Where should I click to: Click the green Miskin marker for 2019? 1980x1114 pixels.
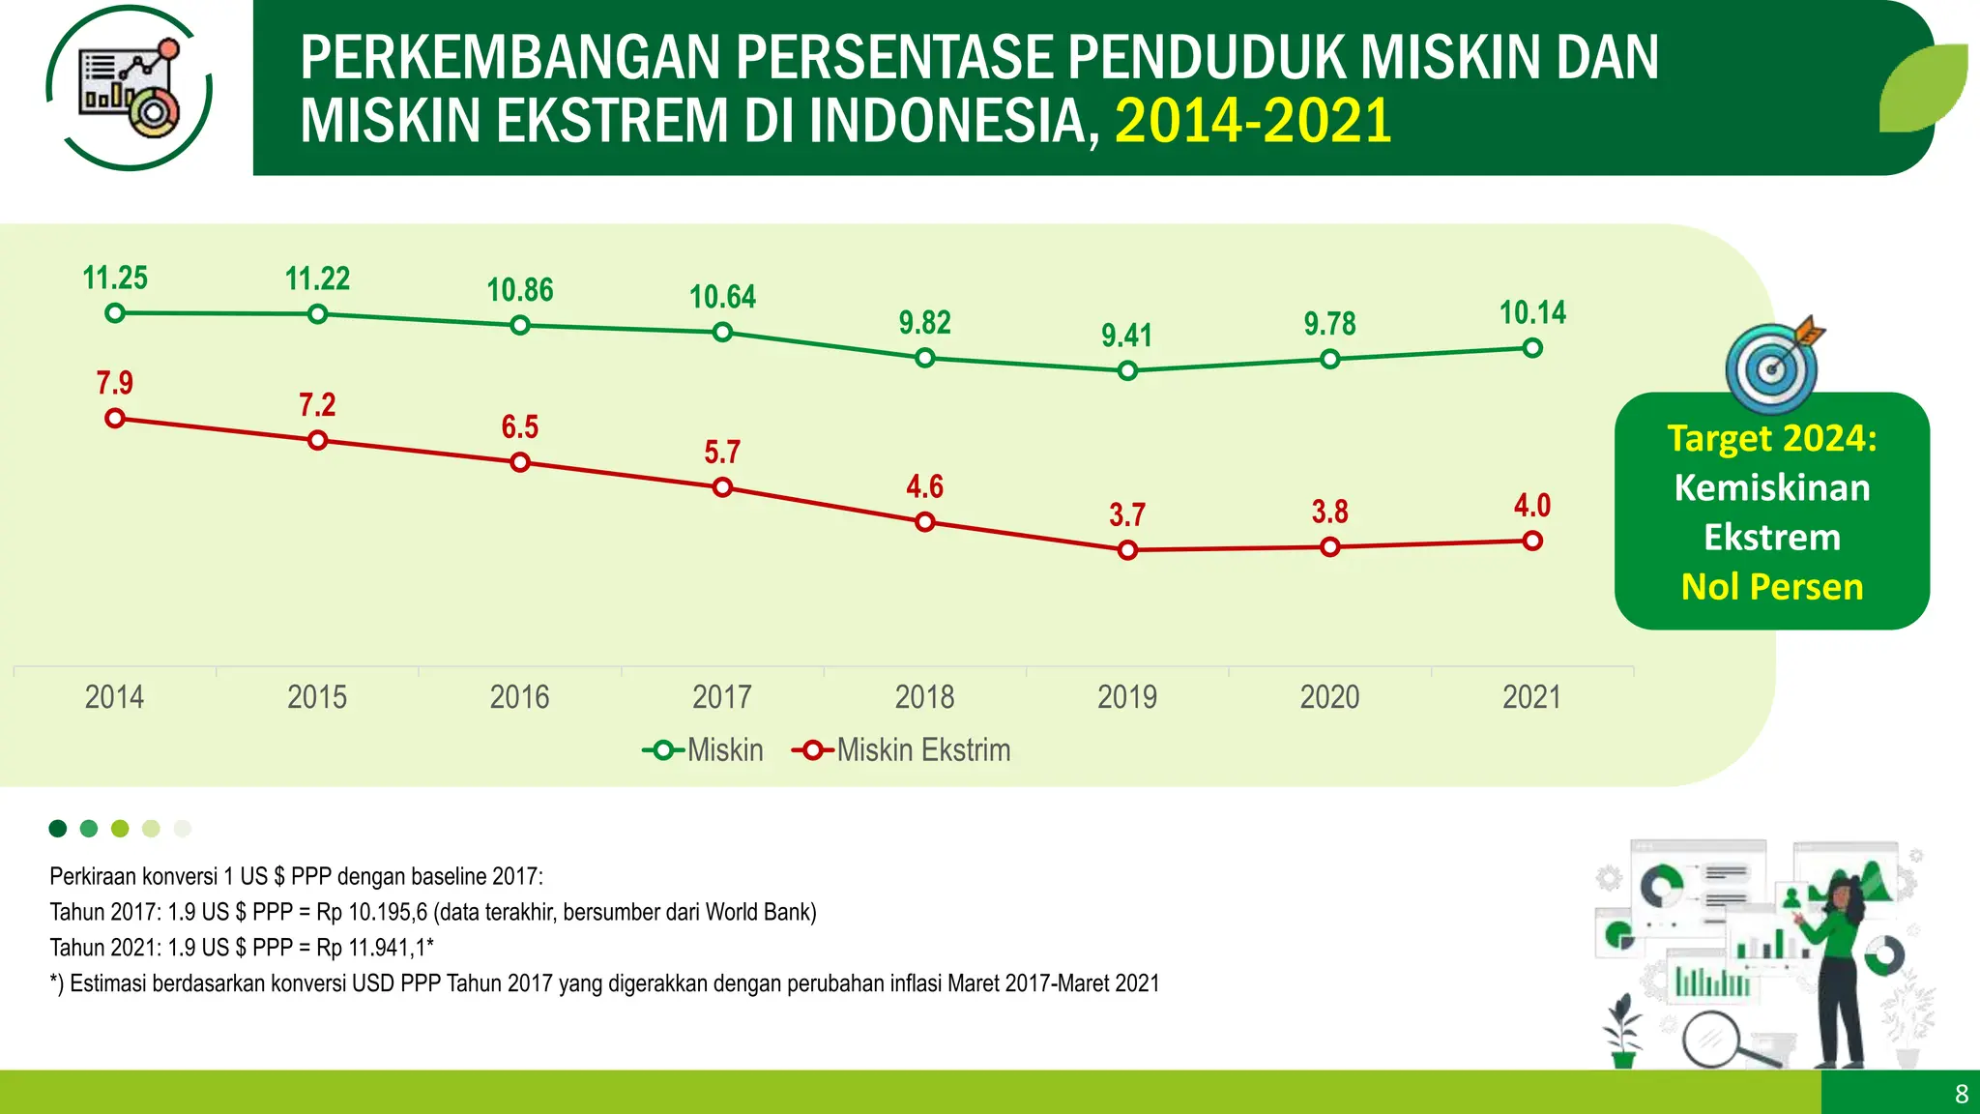coord(1127,370)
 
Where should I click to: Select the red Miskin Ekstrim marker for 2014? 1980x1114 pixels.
coord(115,419)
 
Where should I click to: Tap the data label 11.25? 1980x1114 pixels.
coord(115,278)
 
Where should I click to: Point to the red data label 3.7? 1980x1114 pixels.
coord(1127,515)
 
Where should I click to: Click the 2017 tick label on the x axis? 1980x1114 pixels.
coord(722,697)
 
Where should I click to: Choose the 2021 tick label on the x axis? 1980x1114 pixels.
coord(1531,697)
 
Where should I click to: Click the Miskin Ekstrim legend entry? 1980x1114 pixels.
coord(902,750)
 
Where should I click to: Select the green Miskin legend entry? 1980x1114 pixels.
coord(703,750)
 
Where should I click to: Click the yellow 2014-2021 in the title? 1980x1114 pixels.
coord(1253,121)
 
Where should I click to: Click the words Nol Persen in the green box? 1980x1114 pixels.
coord(1772,587)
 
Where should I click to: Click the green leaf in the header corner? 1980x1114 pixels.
coord(1923,88)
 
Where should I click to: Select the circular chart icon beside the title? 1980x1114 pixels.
coord(130,87)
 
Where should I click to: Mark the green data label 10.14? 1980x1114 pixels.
coord(1532,313)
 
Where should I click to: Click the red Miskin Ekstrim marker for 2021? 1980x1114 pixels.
coord(1532,542)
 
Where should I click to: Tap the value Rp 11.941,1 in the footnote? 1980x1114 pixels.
coord(372,948)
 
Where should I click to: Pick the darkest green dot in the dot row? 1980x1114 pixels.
coord(58,828)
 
